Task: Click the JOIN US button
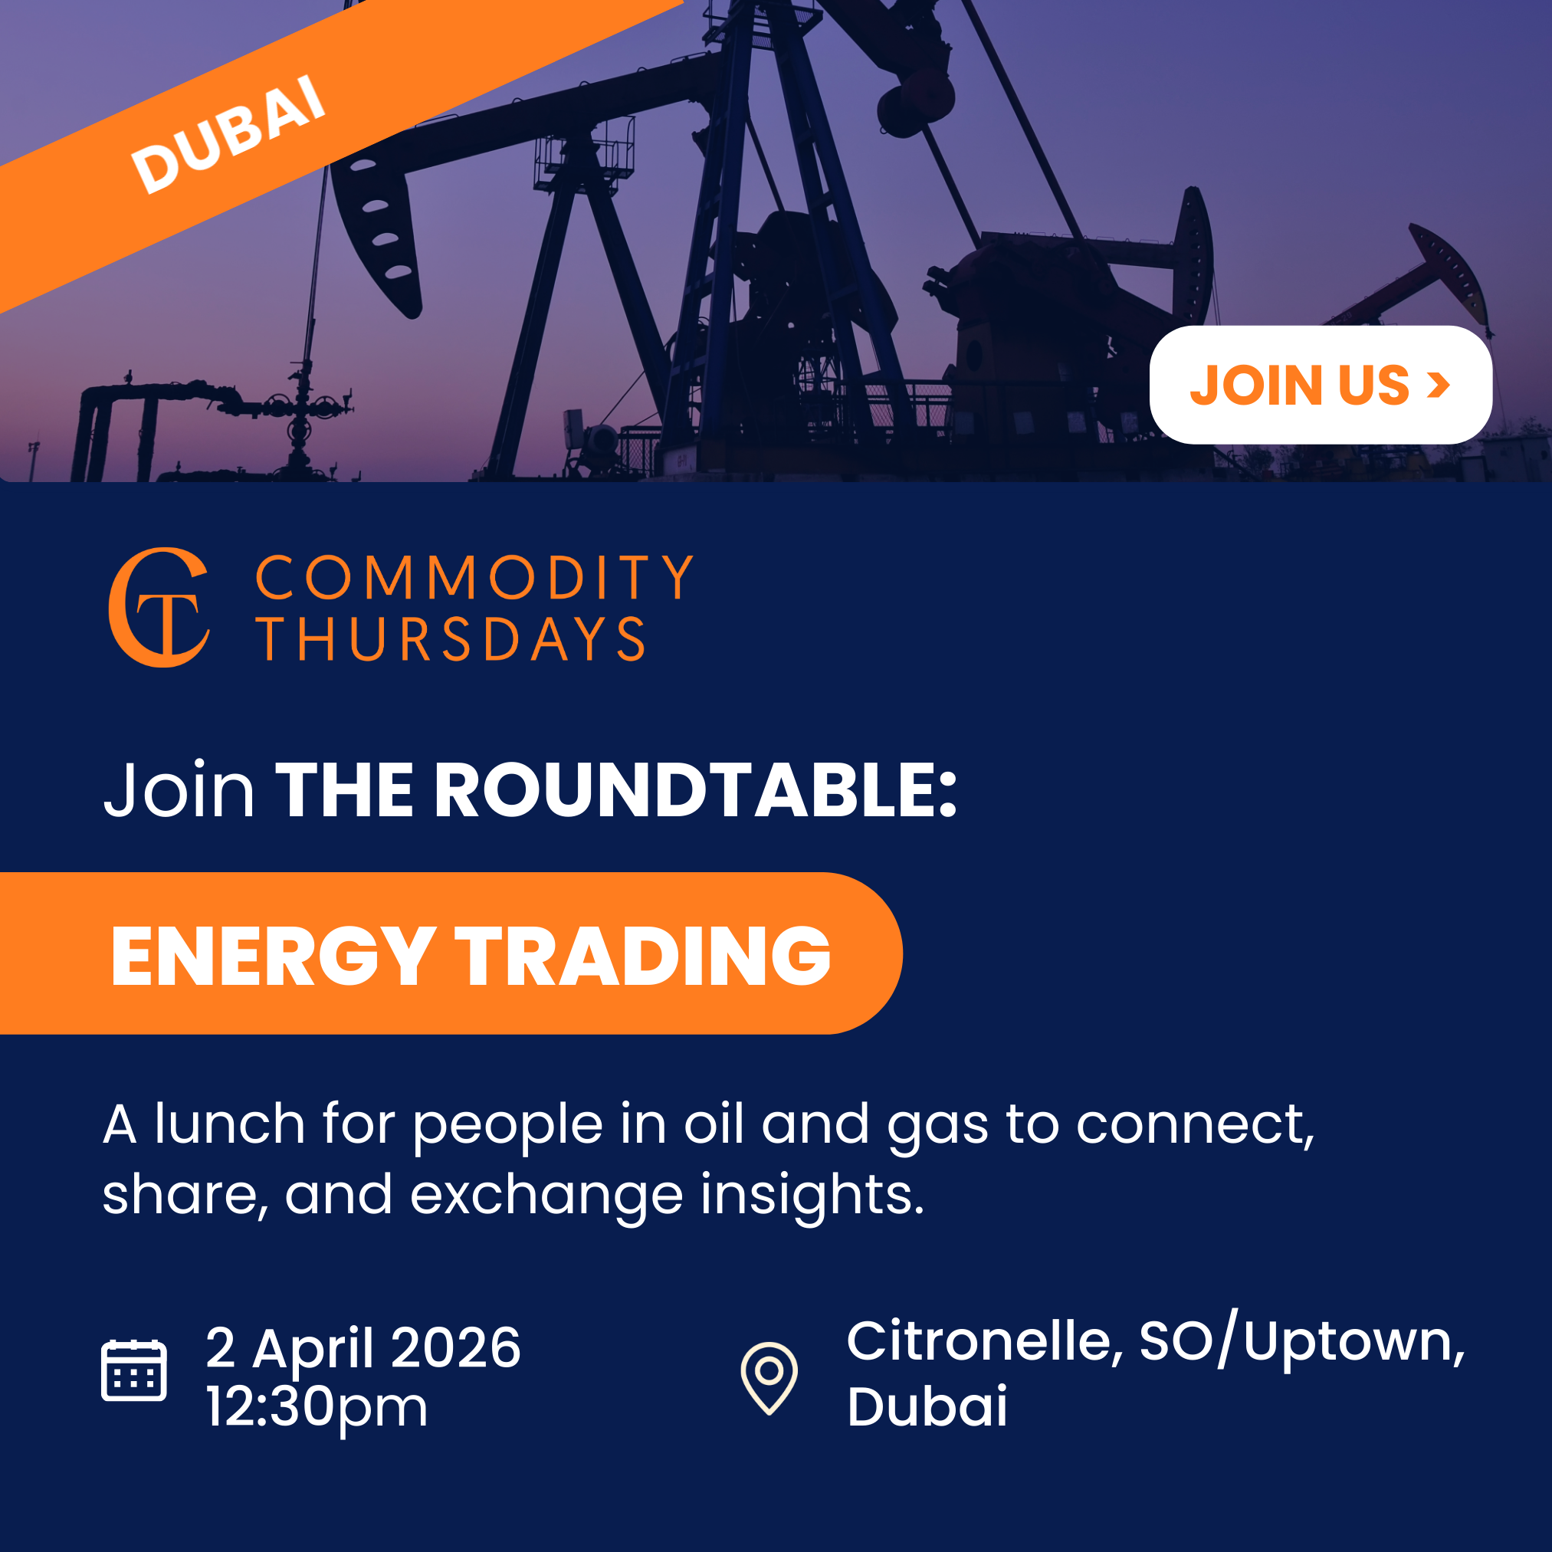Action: (x=1320, y=385)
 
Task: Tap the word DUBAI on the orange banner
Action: (x=228, y=133)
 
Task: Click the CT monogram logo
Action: (x=159, y=607)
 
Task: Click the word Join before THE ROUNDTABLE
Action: (x=179, y=790)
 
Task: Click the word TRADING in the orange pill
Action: (x=643, y=955)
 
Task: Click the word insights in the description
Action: (x=812, y=1195)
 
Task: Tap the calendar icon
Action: (x=134, y=1370)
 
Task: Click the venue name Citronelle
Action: (x=980, y=1340)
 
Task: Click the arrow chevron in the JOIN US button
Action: (x=1438, y=385)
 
